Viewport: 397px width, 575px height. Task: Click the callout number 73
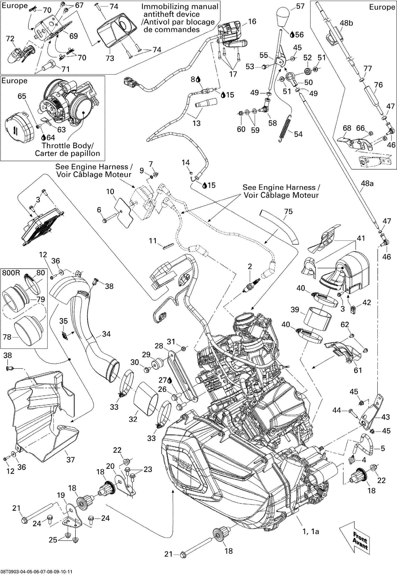[110, 58]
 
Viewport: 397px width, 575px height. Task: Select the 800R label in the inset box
[11, 273]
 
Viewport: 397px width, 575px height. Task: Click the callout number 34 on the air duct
[106, 334]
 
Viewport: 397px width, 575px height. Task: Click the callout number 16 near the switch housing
[252, 21]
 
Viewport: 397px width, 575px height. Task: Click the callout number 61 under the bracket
[358, 370]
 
